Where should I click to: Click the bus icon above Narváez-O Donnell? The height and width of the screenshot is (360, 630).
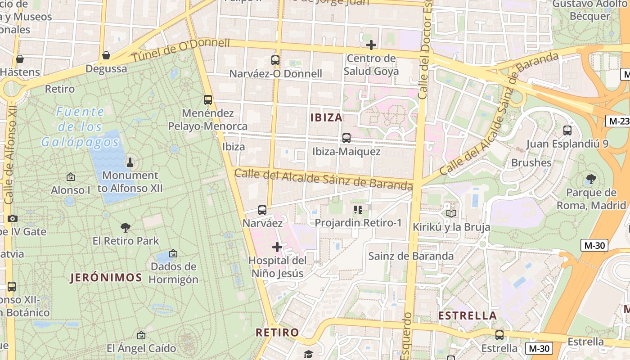point(275,60)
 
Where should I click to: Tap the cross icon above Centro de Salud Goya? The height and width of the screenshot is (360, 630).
point(371,45)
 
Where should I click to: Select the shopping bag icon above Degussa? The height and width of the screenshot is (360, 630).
point(106,55)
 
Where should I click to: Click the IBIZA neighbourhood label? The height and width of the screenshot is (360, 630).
point(326,117)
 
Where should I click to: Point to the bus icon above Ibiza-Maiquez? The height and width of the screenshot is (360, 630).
point(346,138)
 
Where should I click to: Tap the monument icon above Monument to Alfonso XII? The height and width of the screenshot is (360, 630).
point(130,162)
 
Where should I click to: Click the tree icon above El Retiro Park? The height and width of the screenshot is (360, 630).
point(126,228)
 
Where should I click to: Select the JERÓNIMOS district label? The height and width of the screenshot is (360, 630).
point(106,278)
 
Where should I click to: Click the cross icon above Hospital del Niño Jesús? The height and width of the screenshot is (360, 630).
point(277,247)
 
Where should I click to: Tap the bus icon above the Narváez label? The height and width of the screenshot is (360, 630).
point(262,210)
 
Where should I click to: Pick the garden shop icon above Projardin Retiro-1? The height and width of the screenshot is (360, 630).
point(358,209)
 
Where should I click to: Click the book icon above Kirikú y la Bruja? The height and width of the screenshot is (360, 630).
point(451,213)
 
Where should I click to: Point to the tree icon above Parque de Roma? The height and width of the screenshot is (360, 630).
point(591,180)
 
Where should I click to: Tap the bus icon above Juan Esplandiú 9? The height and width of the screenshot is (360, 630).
point(567,130)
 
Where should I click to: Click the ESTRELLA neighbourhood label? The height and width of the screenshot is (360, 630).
point(468,315)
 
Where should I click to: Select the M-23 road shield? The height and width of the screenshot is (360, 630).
point(617,121)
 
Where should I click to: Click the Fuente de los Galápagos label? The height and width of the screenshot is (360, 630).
point(80,127)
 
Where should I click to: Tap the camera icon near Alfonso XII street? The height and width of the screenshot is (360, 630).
point(13,218)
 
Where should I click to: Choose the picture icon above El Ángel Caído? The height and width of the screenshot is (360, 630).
point(141,335)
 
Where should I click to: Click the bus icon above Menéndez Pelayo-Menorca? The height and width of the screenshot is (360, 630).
point(207,100)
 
